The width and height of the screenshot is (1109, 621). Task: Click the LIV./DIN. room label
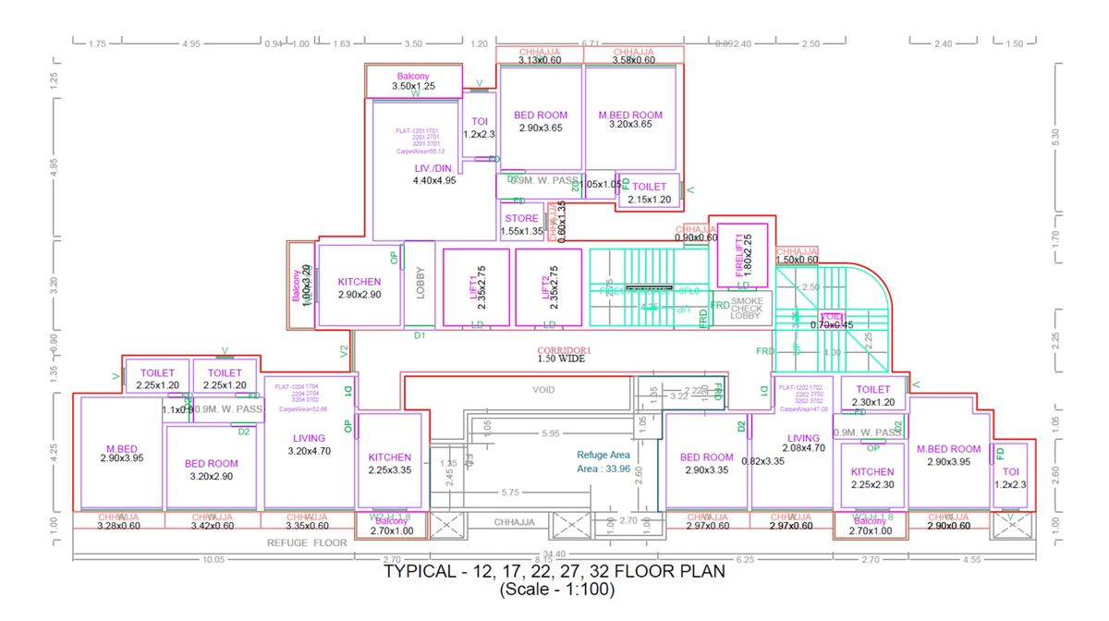pos(433,167)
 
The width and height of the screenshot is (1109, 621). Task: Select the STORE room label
pos(521,219)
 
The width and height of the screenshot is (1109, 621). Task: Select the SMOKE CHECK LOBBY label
pos(747,308)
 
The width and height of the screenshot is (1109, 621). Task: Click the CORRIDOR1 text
pos(564,350)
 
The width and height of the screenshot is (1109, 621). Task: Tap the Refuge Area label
pos(603,455)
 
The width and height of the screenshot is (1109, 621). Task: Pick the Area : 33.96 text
pos(603,469)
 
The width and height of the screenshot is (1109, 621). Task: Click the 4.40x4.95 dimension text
pos(434,181)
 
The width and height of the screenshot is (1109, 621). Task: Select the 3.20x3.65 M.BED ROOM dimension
pos(630,125)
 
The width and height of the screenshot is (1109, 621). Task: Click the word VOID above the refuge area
pos(543,390)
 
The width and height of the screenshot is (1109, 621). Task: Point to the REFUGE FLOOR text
pos(307,542)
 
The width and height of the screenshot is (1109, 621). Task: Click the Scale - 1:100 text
pos(554,589)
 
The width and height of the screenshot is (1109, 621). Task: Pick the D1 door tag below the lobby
pos(420,335)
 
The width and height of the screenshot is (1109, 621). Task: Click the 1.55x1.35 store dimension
pos(521,231)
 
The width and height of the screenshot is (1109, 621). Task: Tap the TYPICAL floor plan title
pos(554,572)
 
